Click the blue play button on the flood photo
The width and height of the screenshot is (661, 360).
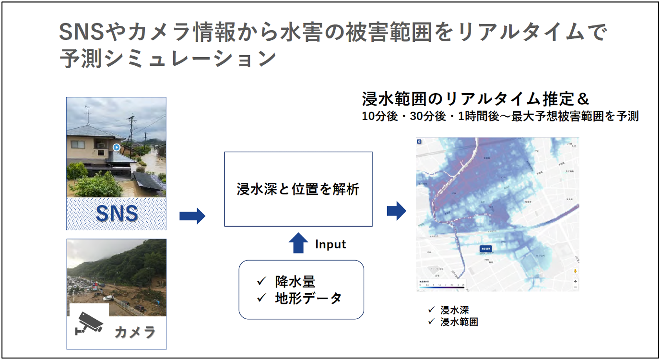coord(116,147)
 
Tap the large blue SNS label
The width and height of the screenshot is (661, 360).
coord(117,213)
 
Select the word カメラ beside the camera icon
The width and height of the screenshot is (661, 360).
coord(135,332)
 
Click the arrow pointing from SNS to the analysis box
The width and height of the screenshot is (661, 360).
coord(192,216)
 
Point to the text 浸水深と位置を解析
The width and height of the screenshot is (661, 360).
coord(298,189)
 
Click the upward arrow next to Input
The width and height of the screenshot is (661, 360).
coord(298,243)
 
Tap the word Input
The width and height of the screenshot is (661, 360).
coord(330,244)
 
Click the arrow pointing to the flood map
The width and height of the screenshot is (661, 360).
coord(396,211)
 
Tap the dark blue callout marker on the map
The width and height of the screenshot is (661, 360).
coord(486,249)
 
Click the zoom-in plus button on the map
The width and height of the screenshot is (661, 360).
coord(575,281)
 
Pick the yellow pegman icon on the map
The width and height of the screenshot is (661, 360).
coord(575,271)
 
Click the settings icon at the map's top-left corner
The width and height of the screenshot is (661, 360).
coord(419,142)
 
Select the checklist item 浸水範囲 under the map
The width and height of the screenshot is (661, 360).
coord(459,322)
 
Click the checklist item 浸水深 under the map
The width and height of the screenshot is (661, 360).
coord(454,310)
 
